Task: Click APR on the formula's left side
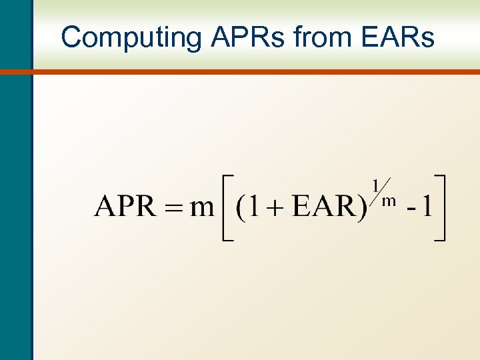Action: click(124, 207)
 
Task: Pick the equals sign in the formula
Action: click(172, 208)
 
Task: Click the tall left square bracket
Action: click(227, 207)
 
